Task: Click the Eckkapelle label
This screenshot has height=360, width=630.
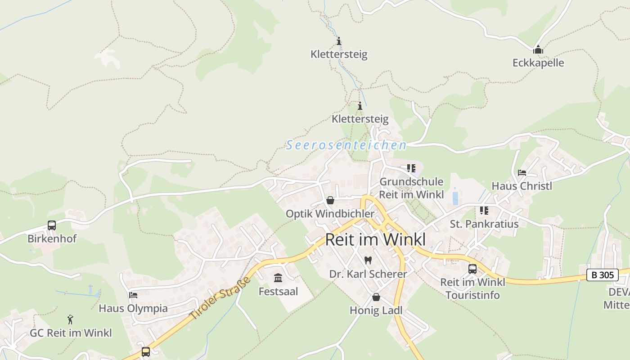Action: click(x=538, y=63)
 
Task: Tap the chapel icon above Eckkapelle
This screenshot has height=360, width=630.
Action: click(x=538, y=50)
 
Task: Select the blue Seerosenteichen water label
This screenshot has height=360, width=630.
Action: click(x=346, y=145)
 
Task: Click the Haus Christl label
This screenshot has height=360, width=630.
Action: click(x=522, y=186)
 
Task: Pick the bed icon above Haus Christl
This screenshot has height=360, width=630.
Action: click(x=522, y=173)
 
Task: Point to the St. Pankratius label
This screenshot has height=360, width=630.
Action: click(x=484, y=224)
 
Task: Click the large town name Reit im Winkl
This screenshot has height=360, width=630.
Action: click(x=375, y=240)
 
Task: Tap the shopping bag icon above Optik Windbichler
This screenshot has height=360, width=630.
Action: click(x=330, y=200)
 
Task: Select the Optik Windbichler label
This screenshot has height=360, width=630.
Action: click(x=330, y=214)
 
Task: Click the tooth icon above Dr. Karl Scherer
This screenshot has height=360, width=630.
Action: click(x=368, y=260)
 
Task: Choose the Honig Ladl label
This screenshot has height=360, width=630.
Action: click(x=376, y=310)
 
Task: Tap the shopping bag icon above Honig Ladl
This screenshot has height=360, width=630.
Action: click(x=376, y=297)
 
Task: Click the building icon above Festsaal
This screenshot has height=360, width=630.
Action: click(x=278, y=278)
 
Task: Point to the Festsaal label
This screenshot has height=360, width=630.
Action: click(x=278, y=292)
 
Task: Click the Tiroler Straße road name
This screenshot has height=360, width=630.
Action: click(x=220, y=299)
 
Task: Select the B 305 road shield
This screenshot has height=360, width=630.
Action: click(x=603, y=274)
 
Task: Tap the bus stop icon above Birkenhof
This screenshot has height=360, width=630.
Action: click(x=52, y=225)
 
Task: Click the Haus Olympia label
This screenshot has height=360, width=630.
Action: click(x=133, y=309)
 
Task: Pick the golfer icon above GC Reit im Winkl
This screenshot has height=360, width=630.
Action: click(x=70, y=320)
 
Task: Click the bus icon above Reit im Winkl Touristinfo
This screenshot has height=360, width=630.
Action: click(x=472, y=269)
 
